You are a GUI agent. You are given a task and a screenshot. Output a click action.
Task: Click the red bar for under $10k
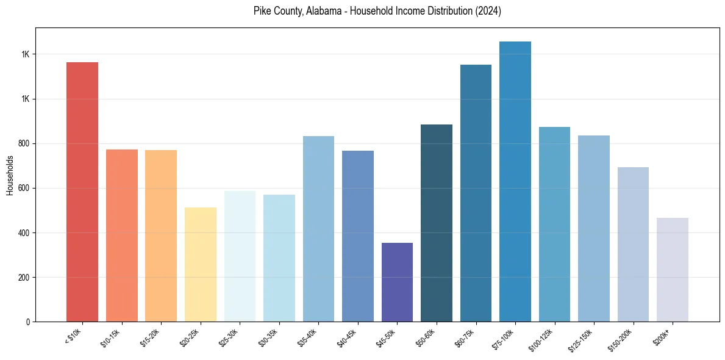pos(82,192)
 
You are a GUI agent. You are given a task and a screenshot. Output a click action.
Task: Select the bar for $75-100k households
pos(515,181)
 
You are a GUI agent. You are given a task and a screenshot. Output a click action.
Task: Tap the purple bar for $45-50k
pos(397,282)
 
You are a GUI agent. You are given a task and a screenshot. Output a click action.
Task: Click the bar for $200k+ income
pos(673,270)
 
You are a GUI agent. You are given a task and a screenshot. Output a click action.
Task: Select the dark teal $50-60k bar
pos(437,223)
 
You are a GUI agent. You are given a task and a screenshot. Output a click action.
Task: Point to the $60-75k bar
pos(476,193)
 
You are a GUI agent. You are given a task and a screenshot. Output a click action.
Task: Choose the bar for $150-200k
pos(633,244)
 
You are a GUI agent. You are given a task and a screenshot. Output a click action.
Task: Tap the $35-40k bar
pos(318,229)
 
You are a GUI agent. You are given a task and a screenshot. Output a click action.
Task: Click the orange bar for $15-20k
pos(161,236)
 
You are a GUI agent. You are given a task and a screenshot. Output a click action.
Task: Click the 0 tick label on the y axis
pos(28,322)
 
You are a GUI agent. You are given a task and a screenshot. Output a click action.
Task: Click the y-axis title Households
pos(10,175)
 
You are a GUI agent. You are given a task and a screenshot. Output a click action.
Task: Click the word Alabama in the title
pos(320,12)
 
